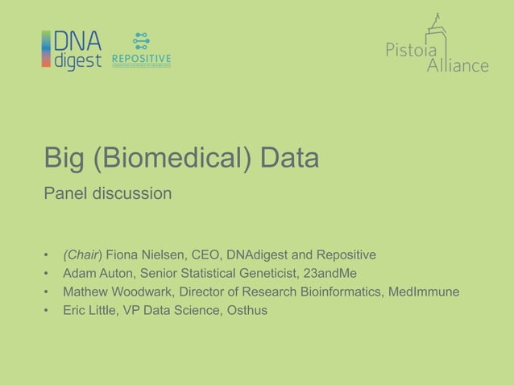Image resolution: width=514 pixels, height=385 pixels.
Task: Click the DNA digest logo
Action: coord(72,50)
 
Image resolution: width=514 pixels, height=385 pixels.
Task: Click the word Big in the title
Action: coord(64,159)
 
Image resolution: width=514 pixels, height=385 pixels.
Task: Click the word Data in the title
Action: coord(289,158)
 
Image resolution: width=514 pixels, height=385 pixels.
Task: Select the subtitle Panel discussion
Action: coord(107,194)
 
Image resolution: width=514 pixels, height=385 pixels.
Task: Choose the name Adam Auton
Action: coord(98,274)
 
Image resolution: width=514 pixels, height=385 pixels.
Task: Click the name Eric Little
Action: coord(89,310)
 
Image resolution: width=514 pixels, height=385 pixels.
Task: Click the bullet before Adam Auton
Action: coord(48,274)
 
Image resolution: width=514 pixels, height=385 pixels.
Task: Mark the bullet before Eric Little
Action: coord(48,310)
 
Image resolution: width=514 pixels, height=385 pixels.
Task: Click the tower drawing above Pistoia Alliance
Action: coord(436,31)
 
